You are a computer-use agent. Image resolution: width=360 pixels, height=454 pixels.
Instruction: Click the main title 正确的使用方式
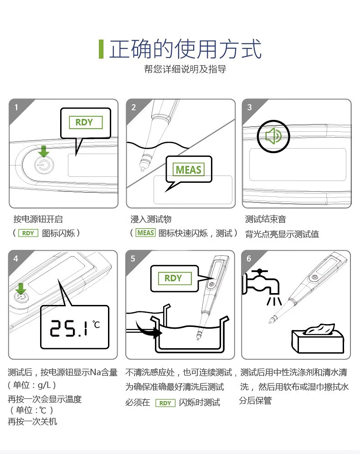click(185, 49)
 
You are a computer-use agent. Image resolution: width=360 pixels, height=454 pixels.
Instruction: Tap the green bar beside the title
click(101, 49)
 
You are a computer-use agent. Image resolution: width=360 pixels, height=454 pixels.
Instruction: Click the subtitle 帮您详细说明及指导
click(185, 69)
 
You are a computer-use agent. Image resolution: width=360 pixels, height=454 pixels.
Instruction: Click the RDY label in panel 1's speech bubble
click(86, 122)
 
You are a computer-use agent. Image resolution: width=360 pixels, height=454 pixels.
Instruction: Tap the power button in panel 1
click(44, 165)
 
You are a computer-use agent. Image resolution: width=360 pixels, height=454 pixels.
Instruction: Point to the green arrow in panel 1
click(43, 151)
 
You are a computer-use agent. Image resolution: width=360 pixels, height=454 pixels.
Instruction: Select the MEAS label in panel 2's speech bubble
click(188, 170)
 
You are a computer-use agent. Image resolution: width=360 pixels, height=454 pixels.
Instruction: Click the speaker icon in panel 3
click(273, 136)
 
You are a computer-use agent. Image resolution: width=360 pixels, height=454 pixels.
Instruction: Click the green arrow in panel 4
click(21, 289)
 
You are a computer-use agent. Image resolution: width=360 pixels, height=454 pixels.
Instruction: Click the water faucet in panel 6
click(261, 283)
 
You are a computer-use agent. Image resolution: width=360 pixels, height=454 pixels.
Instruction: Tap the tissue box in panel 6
click(318, 338)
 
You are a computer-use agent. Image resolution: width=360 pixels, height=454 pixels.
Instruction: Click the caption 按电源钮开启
click(38, 219)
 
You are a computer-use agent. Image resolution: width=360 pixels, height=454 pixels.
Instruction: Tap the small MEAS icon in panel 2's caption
click(146, 233)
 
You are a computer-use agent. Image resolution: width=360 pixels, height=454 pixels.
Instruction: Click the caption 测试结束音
click(266, 219)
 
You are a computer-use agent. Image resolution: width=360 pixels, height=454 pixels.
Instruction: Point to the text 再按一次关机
click(32, 421)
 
